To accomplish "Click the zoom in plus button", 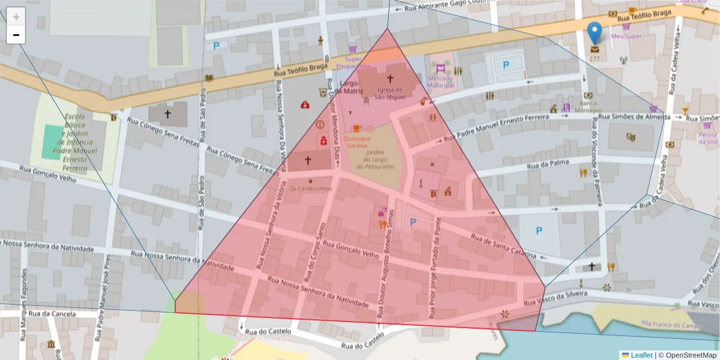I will [x=16, y=16].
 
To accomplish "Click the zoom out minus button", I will [x=16, y=35].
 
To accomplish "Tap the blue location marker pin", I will [x=595, y=32].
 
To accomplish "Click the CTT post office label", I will [x=595, y=59].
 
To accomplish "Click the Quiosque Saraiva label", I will [x=357, y=142].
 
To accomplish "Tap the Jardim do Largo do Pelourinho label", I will [x=379, y=159].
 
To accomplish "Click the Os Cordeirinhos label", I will [x=310, y=188].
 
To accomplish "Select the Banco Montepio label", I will [x=587, y=106].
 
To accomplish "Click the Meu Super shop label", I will [x=626, y=36].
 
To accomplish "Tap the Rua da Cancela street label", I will [x=52, y=313].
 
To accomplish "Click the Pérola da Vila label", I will [x=708, y=138].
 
